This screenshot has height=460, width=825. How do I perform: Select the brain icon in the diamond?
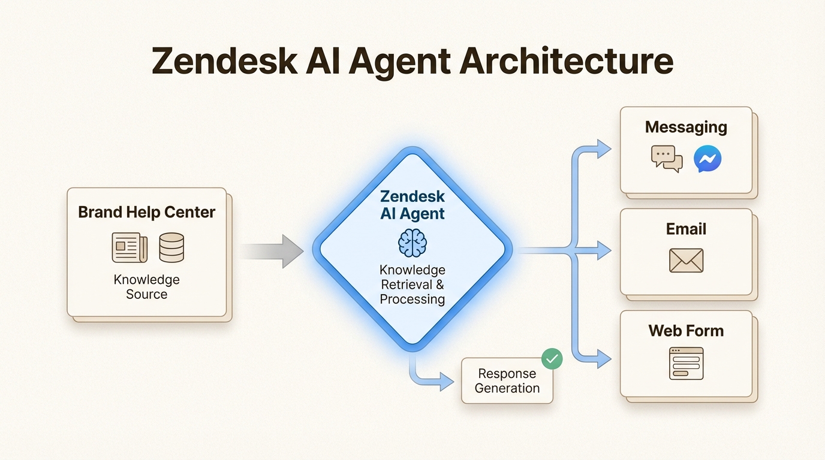coord(412,243)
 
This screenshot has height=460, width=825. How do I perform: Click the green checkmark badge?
coord(552,359)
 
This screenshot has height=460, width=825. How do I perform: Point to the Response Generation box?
coord(507,381)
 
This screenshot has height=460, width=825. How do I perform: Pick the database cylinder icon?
coord(171,247)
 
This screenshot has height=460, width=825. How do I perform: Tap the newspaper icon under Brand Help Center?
coord(130,247)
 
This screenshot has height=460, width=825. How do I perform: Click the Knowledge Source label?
coord(146,287)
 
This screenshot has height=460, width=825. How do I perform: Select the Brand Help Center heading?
coord(146,213)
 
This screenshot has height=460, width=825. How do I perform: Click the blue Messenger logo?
coord(707,159)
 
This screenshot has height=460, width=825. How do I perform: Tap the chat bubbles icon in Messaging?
coord(667,159)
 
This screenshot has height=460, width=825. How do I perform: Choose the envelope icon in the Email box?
coord(686,261)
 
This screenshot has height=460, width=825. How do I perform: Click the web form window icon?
coord(686,363)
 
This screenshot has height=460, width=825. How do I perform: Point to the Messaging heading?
coord(686,127)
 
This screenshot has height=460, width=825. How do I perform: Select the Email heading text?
coord(686,229)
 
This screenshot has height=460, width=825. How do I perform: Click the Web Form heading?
coord(686,331)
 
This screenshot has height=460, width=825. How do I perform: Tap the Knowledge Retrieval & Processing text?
coord(412,285)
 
